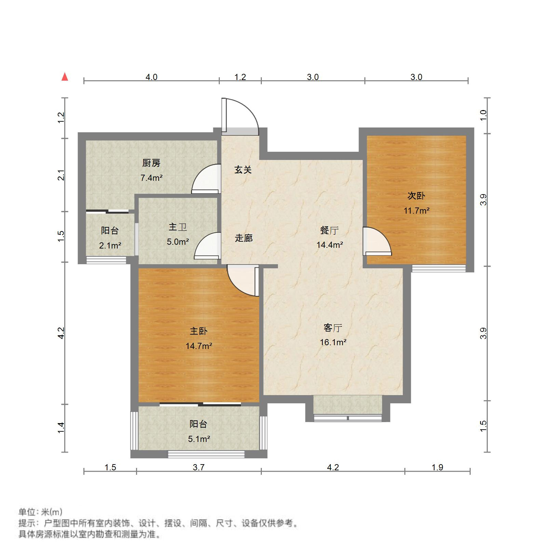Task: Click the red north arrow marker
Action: coord(65,77)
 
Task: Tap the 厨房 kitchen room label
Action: coord(151,163)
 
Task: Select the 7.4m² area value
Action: coord(151,178)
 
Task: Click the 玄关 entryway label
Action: coord(243,170)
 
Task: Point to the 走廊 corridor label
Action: coord(243,238)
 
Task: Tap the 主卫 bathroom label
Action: coord(178,227)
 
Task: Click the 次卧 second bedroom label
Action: coord(416,196)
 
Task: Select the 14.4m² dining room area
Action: coord(329,245)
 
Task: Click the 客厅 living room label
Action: coord(333,328)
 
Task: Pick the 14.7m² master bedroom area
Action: coord(199,346)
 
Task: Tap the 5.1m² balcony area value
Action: coord(199,439)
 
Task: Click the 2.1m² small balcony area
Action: coord(110,245)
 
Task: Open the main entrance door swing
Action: coord(241,115)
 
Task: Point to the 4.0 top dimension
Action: coord(151,77)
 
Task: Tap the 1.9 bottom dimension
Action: coord(437,467)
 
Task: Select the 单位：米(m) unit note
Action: coord(40,512)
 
